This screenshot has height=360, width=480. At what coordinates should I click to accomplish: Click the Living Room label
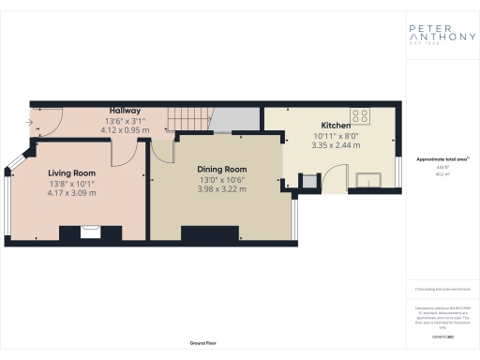[x=72, y=172]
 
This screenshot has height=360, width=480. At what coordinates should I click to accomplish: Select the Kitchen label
[x=336, y=126]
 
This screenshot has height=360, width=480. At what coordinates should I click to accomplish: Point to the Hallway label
[x=125, y=111]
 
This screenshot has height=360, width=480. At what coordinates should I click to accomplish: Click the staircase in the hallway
[x=187, y=119]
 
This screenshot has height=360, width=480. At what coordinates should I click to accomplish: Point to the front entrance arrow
[x=31, y=121]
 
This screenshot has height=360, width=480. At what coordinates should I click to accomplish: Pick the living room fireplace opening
[x=91, y=232]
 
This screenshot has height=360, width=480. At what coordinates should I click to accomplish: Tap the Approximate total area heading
[x=440, y=158]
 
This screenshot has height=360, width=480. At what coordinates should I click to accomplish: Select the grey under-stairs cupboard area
[x=235, y=118]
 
